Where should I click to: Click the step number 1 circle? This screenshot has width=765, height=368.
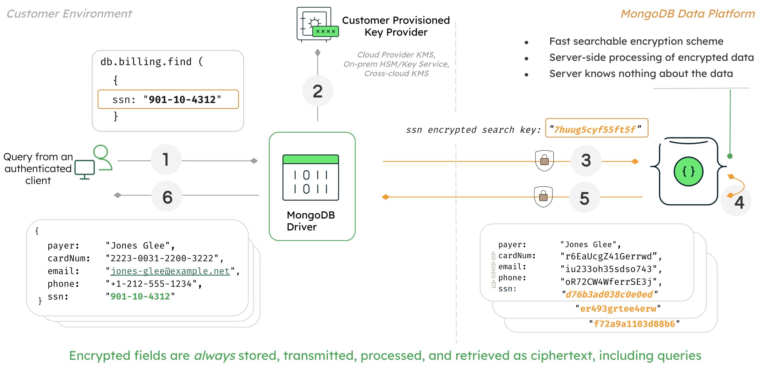pyautogui.click(x=166, y=160)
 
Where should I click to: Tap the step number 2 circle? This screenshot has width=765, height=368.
pyautogui.click(x=317, y=91)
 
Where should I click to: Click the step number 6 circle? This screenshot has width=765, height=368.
pyautogui.click(x=167, y=196)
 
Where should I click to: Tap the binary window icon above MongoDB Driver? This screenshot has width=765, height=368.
pyautogui.click(x=311, y=177)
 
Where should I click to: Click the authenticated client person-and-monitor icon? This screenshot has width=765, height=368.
pyautogui.click(x=94, y=162)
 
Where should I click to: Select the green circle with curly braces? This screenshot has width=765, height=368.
pyautogui.click(x=688, y=172)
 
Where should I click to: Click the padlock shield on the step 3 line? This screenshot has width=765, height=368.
pyautogui.click(x=544, y=161)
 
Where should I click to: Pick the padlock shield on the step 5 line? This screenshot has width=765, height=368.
pyautogui.click(x=543, y=196)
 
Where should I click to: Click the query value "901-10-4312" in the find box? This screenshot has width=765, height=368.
pyautogui.click(x=182, y=100)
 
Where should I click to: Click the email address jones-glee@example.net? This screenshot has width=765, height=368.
pyautogui.click(x=170, y=271)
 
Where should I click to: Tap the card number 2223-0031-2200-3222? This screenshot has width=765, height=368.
pyautogui.click(x=162, y=258)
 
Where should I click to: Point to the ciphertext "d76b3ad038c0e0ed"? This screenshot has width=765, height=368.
pyautogui.click(x=609, y=294)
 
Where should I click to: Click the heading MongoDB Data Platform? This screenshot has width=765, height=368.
pyautogui.click(x=687, y=14)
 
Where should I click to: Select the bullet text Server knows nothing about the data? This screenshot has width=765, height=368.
pyautogui.click(x=641, y=73)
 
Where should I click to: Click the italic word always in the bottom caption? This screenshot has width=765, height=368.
pyautogui.click(x=214, y=356)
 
